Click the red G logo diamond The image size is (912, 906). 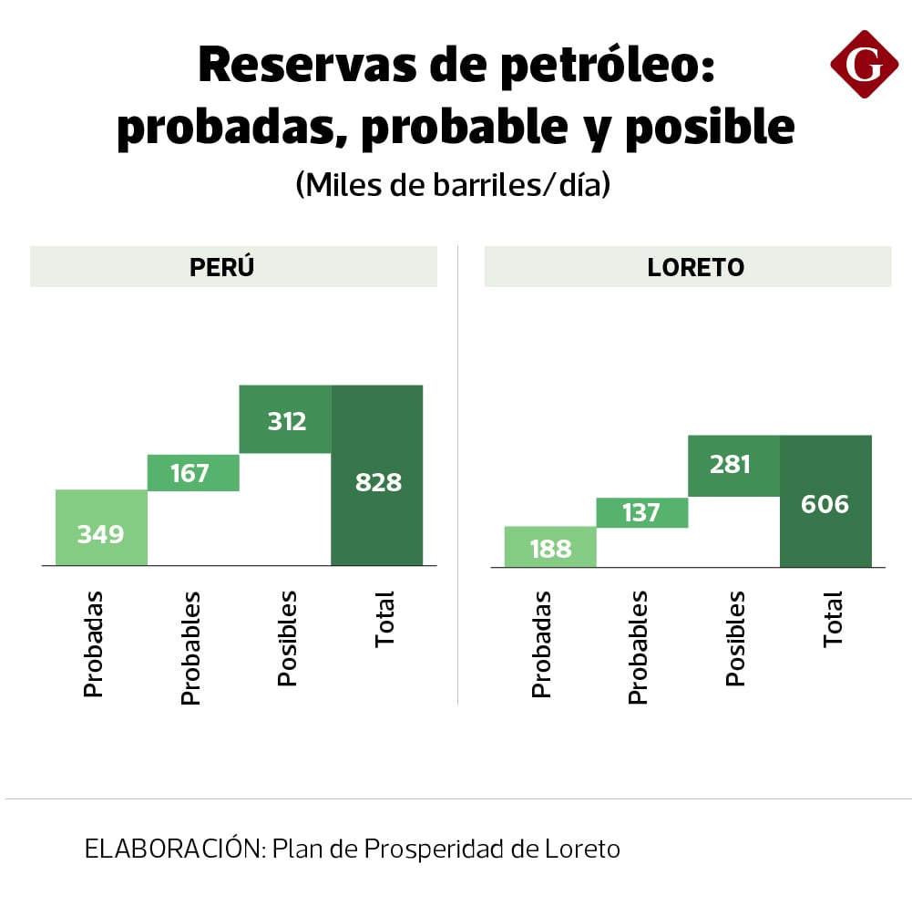click(864, 63)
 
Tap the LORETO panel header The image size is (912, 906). click(687, 267)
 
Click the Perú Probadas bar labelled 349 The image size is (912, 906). click(101, 528)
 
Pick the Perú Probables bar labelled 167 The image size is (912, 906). click(193, 473)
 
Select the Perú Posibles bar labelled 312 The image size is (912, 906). click(285, 419)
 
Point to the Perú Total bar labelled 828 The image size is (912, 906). click(377, 476)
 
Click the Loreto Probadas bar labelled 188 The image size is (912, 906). click(550, 547)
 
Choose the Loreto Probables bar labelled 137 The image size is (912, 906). click(642, 512)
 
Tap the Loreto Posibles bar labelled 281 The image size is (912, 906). click(733, 466)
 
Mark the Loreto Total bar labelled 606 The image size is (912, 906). click(825, 501)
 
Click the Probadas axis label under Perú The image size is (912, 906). click(93, 643)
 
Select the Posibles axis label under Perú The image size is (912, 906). click(287, 638)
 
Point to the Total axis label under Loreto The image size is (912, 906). click(833, 620)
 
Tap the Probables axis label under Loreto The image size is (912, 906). click(638, 647)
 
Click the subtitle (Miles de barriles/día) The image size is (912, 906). click(453, 185)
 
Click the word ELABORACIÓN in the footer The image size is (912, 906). click(174, 849)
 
